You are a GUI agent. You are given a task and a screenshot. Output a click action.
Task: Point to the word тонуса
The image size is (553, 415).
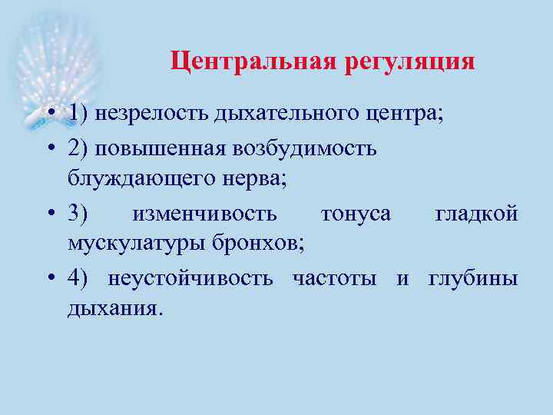pos(356,212)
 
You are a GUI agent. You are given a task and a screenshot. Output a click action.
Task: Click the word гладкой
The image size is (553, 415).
pos(477,212)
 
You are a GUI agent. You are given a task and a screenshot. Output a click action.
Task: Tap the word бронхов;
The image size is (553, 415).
pos(259,244)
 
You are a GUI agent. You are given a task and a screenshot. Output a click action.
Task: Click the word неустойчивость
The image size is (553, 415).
pos(190,277)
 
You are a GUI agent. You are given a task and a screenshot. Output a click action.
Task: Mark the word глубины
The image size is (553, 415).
pos(473,277)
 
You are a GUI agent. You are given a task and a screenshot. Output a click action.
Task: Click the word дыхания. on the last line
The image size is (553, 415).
pos(115,310)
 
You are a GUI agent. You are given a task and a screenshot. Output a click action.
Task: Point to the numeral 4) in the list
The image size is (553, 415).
pos(79,277)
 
